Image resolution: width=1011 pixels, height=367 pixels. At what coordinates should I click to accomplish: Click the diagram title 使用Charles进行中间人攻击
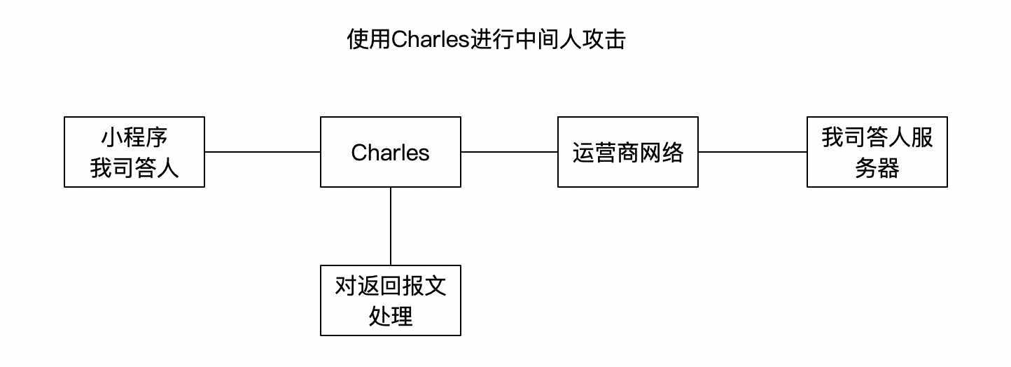point(486,40)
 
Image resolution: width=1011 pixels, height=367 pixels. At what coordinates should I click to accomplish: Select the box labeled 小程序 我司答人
point(134,152)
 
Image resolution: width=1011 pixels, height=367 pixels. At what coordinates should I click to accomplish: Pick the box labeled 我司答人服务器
point(877,152)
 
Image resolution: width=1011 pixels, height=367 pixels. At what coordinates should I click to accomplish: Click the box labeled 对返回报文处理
point(390,300)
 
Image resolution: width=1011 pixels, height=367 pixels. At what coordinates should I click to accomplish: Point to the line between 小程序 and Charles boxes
point(263,151)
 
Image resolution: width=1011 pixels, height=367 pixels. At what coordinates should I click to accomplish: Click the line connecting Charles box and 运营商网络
point(509,151)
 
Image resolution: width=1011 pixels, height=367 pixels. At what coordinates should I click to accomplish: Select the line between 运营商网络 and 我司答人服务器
point(753,151)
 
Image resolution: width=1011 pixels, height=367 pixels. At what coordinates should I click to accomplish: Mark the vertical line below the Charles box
point(391,226)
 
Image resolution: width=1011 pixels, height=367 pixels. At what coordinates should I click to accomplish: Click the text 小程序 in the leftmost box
point(134,137)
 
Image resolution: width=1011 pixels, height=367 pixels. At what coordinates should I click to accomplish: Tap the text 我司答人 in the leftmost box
point(134,168)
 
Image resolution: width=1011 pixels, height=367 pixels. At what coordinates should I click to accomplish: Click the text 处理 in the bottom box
point(390,317)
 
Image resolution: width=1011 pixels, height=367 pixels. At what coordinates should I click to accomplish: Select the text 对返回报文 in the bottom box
point(390,286)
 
